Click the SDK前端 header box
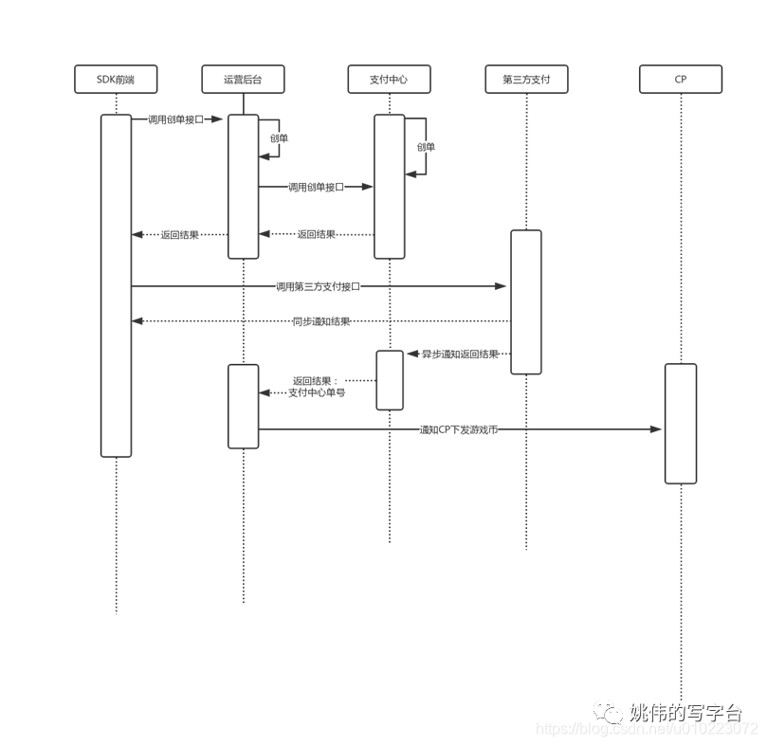pos(117,80)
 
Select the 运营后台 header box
pos(243,80)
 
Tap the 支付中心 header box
pos(389,80)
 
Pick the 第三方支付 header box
pos(526,80)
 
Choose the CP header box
pos(681,80)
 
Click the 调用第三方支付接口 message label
pos(318,286)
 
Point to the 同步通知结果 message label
pos(321,322)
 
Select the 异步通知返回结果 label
pos(461,355)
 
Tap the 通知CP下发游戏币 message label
pos(459,430)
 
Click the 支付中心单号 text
pos(317,392)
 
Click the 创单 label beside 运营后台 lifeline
pos(279,138)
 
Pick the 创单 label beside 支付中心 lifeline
pos(426,147)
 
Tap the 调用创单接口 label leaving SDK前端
pos(175,120)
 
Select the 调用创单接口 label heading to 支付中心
pos(316,188)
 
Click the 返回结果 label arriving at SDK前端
pos(180,235)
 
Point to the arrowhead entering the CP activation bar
pos(655,430)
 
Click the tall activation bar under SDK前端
pos(117,284)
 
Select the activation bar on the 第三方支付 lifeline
pos(526,301)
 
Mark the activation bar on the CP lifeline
pos(681,423)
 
